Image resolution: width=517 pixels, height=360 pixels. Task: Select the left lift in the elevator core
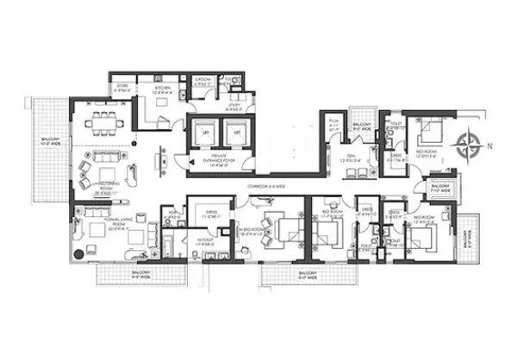206,133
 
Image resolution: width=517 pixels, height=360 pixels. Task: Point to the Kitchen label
161,90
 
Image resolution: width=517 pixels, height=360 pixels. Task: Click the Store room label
121,89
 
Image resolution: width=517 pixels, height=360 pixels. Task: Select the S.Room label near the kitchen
202,80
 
